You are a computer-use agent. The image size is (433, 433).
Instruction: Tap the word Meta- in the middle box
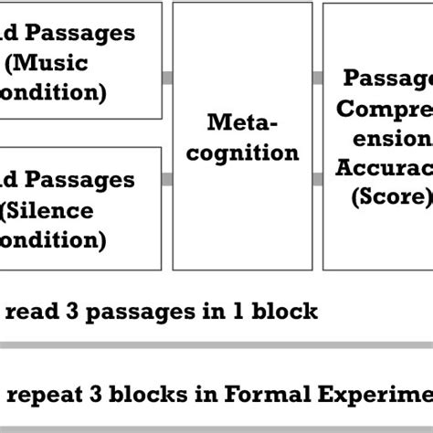pyautogui.click(x=240, y=122)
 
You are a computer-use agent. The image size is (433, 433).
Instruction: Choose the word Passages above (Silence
pyautogui.click(x=79, y=181)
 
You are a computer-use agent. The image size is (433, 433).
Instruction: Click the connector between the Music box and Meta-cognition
pyautogui.click(x=167, y=78)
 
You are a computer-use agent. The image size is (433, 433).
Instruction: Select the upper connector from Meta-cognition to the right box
pyautogui.click(x=317, y=78)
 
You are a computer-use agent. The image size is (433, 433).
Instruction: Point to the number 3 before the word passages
pyautogui.click(x=69, y=312)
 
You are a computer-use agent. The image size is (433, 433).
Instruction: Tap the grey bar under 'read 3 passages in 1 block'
pyautogui.click(x=216, y=344)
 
